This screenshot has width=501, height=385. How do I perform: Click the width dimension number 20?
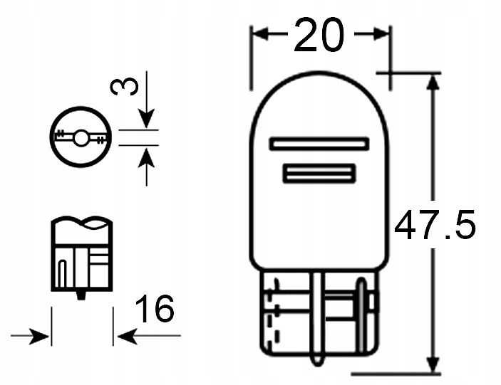[x=319, y=36]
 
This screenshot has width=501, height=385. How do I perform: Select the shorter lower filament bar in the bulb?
[x=319, y=174]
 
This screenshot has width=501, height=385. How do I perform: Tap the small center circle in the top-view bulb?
[x=82, y=137]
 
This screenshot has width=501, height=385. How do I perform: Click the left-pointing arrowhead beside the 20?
[x=261, y=34]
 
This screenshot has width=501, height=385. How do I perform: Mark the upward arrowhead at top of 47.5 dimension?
[x=432, y=81]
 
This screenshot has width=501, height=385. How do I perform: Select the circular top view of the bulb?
[x=82, y=137]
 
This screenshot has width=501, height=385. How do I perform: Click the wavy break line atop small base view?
[x=82, y=223]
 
